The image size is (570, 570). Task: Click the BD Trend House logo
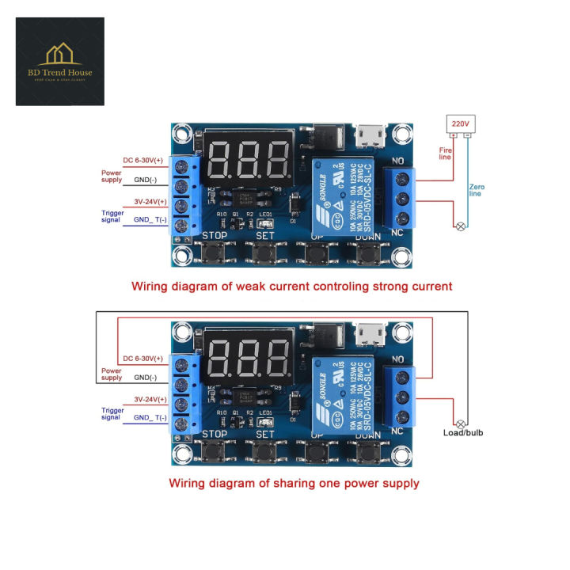[60, 61]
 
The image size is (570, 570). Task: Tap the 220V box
[461, 124]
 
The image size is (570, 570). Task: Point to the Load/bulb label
[463, 433]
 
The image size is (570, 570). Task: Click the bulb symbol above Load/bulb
[460, 424]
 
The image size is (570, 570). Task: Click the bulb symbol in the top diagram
[460, 226]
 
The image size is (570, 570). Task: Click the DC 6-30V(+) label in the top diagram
[143, 160]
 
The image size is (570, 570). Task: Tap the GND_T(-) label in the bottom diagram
[150, 417]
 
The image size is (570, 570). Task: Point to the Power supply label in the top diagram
[112, 176]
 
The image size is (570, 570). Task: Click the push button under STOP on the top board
[215, 254]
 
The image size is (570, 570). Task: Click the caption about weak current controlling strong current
[291, 286]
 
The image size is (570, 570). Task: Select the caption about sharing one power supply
[294, 482]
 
